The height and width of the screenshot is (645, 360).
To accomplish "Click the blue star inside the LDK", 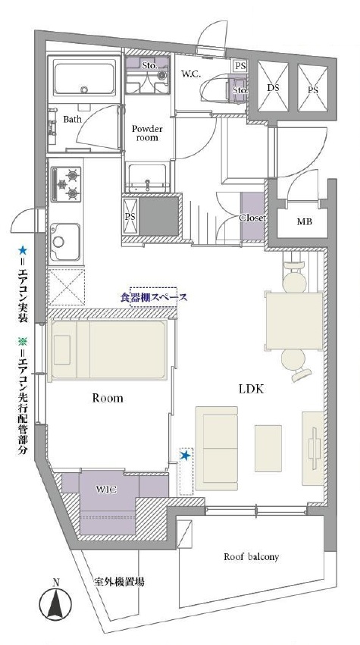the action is [186, 455].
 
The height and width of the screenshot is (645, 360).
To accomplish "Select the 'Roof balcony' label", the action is [252, 557].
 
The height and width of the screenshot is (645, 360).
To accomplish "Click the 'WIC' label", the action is [107, 490].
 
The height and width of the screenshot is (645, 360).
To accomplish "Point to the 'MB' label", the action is [305, 222].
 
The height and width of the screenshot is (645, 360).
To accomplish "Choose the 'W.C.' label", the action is [191, 74].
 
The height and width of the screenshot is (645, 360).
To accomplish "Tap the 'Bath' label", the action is [73, 119].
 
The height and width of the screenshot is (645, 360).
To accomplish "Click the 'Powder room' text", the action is [147, 133].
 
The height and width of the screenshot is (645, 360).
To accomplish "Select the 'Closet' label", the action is [252, 218].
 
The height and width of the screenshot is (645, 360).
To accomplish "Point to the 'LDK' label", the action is [252, 389].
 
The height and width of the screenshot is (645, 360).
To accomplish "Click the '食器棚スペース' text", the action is [153, 297].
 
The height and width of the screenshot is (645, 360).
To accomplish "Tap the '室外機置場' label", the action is [118, 582].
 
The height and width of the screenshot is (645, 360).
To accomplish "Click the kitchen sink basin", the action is [65, 243].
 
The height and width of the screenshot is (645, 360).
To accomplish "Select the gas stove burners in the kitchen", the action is [65, 184].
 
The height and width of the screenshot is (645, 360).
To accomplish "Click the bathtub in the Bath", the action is [84, 79].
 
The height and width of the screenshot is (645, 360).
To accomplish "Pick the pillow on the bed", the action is [61, 349].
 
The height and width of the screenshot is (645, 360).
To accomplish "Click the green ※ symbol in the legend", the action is [22, 340].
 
